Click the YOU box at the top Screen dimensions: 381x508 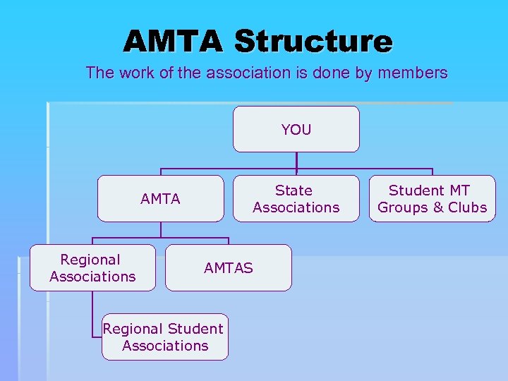[x=296, y=129]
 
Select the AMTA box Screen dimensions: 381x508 [x=160, y=199]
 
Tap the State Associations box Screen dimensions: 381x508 [x=296, y=199]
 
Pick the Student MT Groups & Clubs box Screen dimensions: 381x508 [x=432, y=199]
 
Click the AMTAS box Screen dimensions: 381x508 [x=228, y=267]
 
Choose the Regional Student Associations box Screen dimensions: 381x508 [x=164, y=337]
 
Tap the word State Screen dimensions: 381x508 [x=294, y=190]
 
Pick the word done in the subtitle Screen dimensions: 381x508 [x=335, y=73]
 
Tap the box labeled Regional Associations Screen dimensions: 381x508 [x=92, y=267]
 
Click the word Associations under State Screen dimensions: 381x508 [x=296, y=207]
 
